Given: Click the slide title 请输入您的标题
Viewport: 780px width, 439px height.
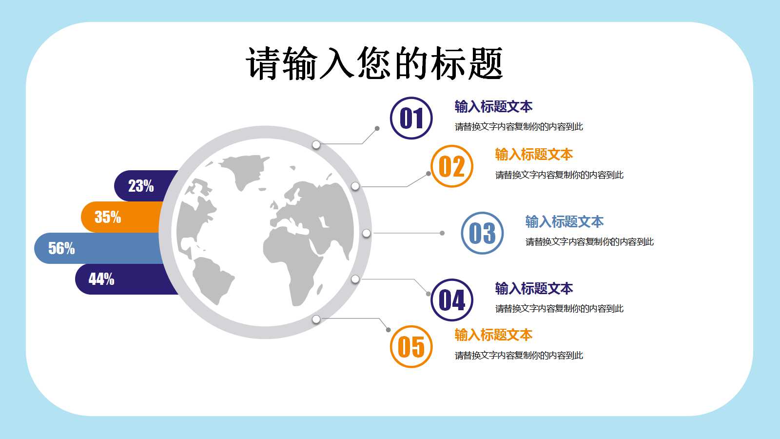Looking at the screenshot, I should point(374,63).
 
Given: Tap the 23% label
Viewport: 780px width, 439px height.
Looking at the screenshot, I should point(141,186).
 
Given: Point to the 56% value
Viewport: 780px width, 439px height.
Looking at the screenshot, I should point(61,248).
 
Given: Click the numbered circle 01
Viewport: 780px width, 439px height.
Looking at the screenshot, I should point(411,118).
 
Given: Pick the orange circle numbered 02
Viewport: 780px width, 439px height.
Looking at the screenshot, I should point(452,166).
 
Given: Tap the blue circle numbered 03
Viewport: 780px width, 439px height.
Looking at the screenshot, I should point(482,233).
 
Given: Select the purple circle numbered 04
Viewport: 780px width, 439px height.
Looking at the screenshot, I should point(452,300).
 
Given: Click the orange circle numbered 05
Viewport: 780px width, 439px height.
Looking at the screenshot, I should point(411,347).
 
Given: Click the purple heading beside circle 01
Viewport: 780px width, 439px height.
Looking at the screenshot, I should point(493,106).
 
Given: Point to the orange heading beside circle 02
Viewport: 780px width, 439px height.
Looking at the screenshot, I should point(534,155).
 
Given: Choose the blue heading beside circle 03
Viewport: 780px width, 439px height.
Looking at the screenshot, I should point(564,222).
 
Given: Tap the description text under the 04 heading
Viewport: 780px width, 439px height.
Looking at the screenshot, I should point(559,309).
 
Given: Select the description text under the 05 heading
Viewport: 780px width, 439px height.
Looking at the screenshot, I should point(519,356).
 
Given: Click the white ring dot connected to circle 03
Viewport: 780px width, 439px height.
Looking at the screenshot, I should point(366,233).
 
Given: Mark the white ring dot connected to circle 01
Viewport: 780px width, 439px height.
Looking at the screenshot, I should point(316,145).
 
